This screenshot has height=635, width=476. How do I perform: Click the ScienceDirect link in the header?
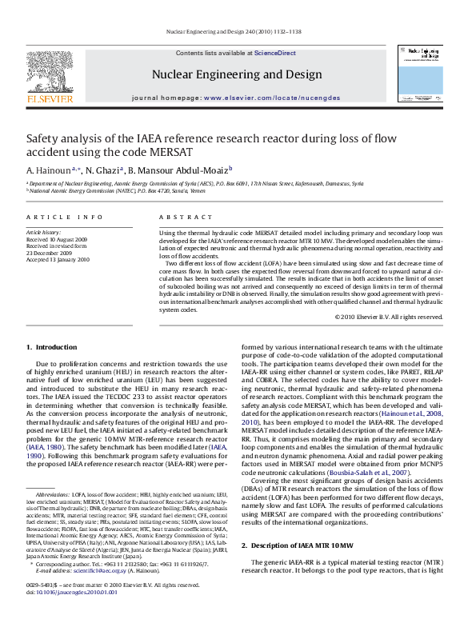274,53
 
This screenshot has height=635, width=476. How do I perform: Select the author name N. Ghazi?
102,170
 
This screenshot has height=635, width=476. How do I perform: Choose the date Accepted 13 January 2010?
58,259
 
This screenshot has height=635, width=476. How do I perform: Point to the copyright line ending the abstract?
389,317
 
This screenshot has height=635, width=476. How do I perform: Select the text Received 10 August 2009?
58,239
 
